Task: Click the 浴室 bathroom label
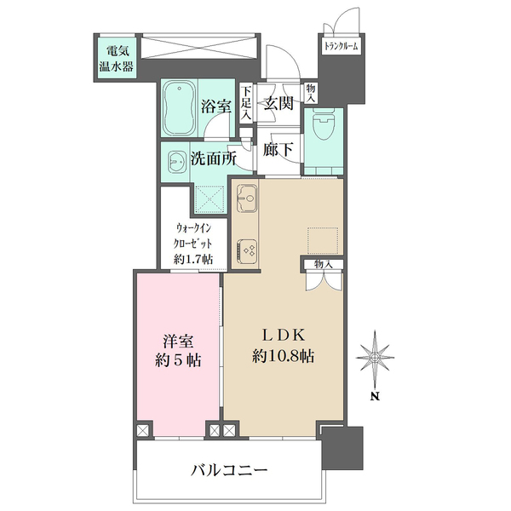tap(215, 106)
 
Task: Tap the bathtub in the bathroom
tap(179, 108)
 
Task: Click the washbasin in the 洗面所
tap(177, 162)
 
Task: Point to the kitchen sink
tap(247, 198)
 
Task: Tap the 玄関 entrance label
tap(278, 103)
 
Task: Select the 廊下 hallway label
tap(278, 150)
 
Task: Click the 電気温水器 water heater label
tap(117, 60)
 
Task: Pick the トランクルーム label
tap(341, 46)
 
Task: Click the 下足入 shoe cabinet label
tap(246, 104)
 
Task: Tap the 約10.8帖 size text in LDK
tap(284, 356)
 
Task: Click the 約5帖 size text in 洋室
tap(178, 360)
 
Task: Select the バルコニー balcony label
tap(229, 470)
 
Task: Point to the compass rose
tap(375, 358)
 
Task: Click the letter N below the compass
tap(376, 397)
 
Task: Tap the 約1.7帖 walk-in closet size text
tap(193, 260)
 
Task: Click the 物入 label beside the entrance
tap(311, 93)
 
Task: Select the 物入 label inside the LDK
tap(324, 264)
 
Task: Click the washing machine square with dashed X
tap(210, 199)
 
